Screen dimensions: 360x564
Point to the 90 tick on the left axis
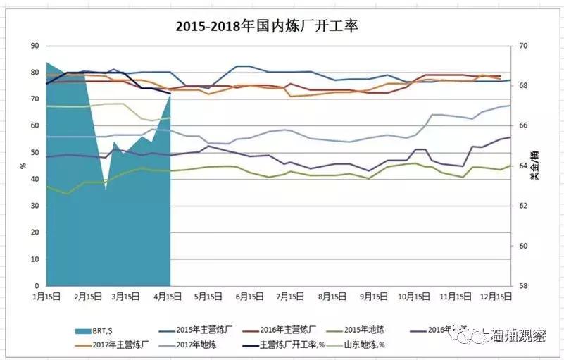35,46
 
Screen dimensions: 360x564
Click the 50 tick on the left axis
35,153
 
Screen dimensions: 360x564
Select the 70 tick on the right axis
522,46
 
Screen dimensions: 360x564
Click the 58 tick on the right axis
522,286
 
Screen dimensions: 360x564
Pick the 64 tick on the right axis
522,166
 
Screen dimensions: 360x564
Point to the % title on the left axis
23,166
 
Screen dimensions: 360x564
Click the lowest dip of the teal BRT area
106,189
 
